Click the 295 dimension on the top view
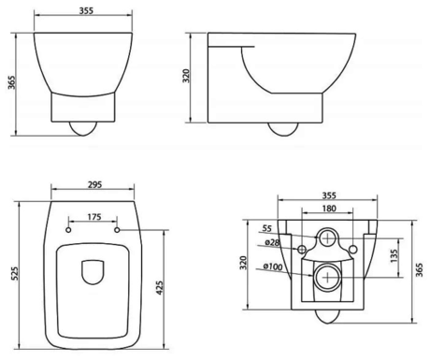94,184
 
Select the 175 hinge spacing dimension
94,216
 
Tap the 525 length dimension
15,273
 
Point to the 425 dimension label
159,288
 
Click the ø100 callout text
273,266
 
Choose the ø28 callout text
272,242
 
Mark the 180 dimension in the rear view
329,209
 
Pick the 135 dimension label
394,256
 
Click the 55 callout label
266,228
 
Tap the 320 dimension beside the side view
186,76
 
